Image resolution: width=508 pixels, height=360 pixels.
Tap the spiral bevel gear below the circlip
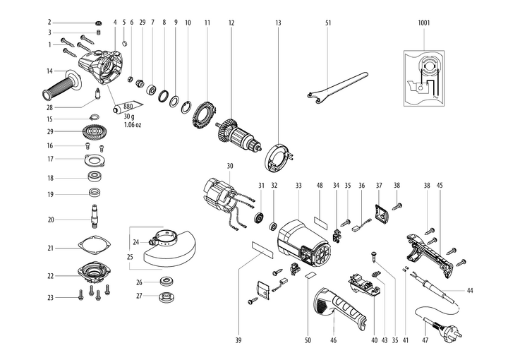pos(87,132)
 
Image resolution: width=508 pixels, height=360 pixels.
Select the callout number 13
pos(278,23)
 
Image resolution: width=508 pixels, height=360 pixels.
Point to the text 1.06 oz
pos(133,124)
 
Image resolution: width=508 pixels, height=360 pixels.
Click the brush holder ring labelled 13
pos(278,157)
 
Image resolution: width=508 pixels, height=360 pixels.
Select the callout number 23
pos(50,298)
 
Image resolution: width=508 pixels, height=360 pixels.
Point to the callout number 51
pos(328,23)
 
